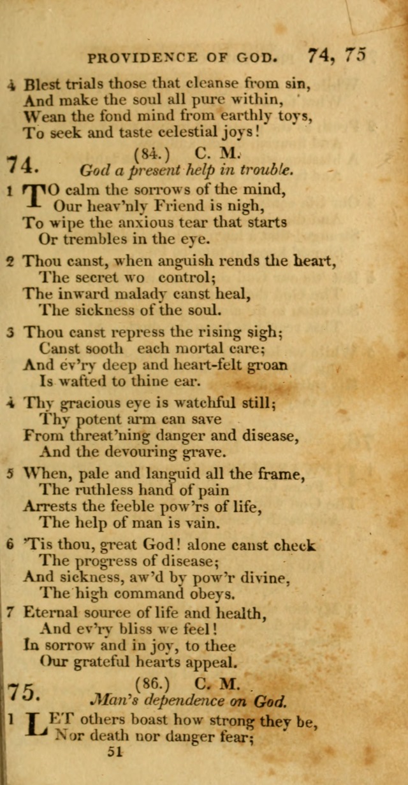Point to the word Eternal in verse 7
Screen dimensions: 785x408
tap(54, 613)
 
